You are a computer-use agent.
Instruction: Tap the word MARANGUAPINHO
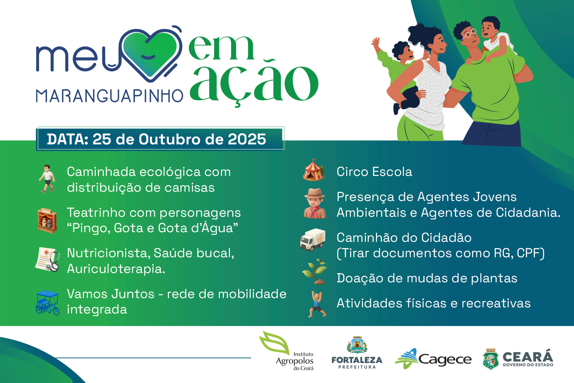(109, 96)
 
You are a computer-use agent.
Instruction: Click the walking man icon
(47, 179)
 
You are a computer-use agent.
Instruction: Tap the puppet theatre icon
(47, 220)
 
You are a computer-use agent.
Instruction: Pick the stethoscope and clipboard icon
(48, 259)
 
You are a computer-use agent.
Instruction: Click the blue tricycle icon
(47, 303)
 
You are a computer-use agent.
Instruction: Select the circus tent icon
(314, 170)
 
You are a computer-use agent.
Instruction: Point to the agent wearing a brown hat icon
(314, 204)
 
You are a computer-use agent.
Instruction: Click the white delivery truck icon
(313, 239)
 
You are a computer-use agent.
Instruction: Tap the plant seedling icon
(315, 272)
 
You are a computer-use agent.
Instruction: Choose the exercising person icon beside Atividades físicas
(317, 304)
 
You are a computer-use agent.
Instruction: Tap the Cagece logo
(433, 358)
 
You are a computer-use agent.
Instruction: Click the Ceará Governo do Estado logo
(518, 359)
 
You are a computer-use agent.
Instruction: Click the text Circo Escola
(374, 172)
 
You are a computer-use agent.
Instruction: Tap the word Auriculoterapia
(116, 269)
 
